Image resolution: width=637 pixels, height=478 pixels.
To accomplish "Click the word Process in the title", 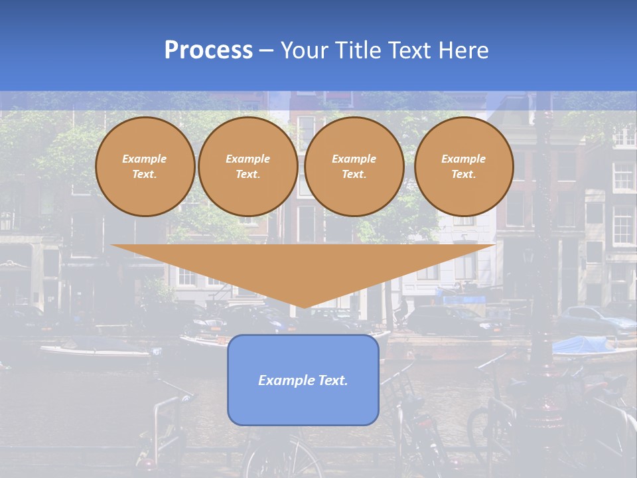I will coord(208,50).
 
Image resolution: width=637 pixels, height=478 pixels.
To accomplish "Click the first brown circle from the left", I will coord(145,167).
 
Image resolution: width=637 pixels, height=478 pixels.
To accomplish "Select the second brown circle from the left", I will coord(248,167).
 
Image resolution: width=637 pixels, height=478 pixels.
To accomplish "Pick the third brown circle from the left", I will coord(354,167).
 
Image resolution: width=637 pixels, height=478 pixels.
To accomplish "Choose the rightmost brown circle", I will coord(464,167).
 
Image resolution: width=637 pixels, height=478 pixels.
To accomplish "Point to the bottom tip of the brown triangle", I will coord(304,306).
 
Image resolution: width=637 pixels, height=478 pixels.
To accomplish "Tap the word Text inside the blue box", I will coord(333,380).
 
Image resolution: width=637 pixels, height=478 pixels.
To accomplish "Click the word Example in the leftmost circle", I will coord(145,159).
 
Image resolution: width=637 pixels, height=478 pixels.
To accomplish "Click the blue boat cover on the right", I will coord(584,345).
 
